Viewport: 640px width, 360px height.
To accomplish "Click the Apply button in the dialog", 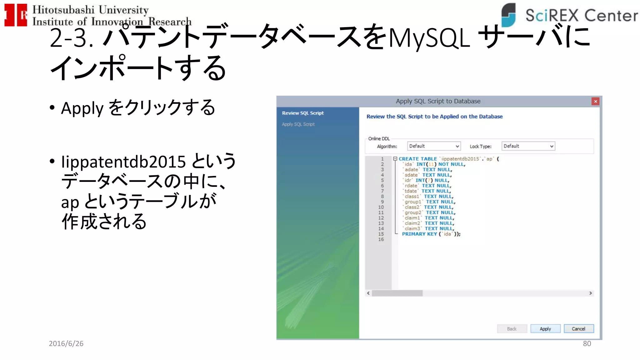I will [x=545, y=329].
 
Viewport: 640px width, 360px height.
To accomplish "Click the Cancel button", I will [x=578, y=329].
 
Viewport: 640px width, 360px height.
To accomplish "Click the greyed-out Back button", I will [x=512, y=329].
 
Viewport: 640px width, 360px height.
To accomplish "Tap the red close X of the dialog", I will [x=595, y=101].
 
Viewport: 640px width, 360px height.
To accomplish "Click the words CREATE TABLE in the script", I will [x=417, y=159].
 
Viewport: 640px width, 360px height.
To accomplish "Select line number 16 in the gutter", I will [x=381, y=239].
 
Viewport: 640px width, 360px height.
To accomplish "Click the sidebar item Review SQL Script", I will [x=302, y=113].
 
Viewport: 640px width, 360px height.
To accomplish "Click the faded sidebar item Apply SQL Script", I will [x=298, y=124].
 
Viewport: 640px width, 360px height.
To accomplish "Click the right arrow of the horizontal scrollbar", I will [x=590, y=293].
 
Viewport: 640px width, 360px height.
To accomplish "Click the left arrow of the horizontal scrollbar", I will [x=368, y=293].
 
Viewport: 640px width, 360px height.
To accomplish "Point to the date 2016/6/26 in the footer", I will [x=66, y=343].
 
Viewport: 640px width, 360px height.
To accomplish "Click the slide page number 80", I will [x=587, y=343].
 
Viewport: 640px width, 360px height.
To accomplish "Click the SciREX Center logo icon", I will [x=508, y=15].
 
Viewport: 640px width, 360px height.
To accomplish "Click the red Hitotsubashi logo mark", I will [x=15, y=15].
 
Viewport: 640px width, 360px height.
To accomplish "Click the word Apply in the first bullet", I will [x=82, y=108].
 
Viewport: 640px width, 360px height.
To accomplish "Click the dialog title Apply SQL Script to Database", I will [x=438, y=101].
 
